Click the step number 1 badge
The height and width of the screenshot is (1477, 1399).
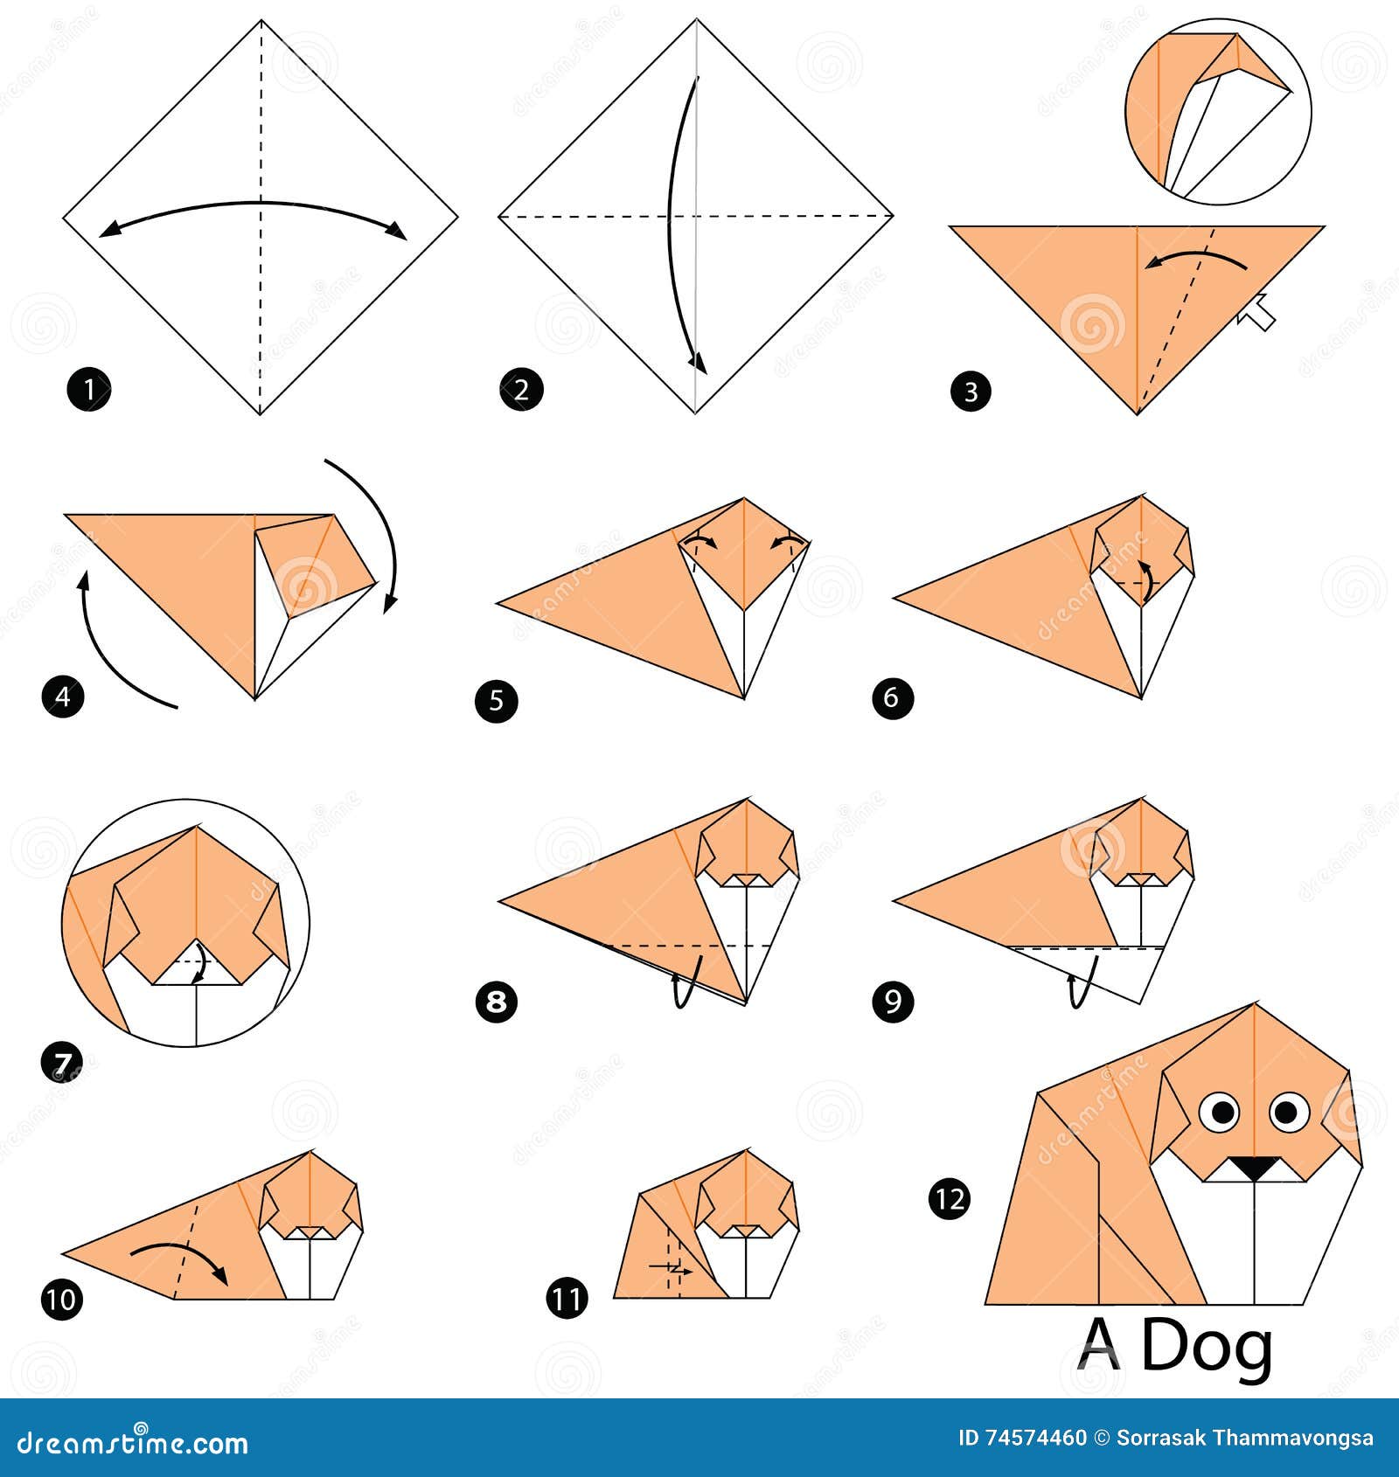coord(89,389)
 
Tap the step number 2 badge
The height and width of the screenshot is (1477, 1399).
coord(521,389)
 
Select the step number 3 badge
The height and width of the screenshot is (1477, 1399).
coord(971,391)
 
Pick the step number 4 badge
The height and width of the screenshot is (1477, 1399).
coord(63,697)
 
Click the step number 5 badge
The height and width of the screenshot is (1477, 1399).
coord(497,700)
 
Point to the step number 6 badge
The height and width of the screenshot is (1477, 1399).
coord(892,697)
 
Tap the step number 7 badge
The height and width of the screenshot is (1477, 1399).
coord(62,1063)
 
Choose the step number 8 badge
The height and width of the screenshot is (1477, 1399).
coord(497,1001)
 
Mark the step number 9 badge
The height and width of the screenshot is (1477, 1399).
coord(893,1001)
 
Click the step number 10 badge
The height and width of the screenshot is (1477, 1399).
coord(62,1299)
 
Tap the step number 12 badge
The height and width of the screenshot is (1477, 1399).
coord(950,1198)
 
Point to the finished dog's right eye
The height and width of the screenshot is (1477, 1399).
coord(1286,1112)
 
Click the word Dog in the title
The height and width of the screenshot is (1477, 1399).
coord(1207,1347)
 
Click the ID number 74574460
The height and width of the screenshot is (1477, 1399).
coord(1035,1438)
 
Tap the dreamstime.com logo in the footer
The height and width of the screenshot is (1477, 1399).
coord(133,1442)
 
